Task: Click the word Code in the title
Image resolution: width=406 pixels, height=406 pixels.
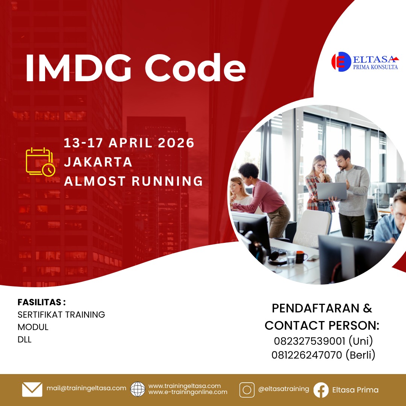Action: [x=195, y=68]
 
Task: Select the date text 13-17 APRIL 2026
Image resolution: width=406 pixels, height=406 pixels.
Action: [x=129, y=143]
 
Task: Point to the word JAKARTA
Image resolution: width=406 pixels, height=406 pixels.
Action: [x=98, y=162]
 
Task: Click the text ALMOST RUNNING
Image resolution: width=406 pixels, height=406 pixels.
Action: [x=133, y=181]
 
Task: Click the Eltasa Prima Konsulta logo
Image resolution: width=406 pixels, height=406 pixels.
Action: [x=365, y=62]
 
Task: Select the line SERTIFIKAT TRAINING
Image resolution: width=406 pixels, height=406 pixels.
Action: [x=61, y=315]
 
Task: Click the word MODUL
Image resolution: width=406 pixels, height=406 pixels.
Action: [x=33, y=327]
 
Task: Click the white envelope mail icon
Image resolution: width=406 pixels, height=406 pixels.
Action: [x=32, y=389]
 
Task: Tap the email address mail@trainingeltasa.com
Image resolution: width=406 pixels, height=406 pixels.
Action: [x=86, y=388]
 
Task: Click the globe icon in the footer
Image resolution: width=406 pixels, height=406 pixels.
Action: [x=138, y=389]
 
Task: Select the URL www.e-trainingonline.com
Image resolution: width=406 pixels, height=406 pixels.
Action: [x=188, y=392]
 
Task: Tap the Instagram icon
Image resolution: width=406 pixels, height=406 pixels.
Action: [x=247, y=390]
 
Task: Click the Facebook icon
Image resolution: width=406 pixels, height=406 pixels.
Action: [x=321, y=390]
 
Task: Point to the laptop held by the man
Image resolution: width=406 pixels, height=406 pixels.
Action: [x=332, y=191]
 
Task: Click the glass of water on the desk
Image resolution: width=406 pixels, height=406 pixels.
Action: [x=291, y=259]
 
